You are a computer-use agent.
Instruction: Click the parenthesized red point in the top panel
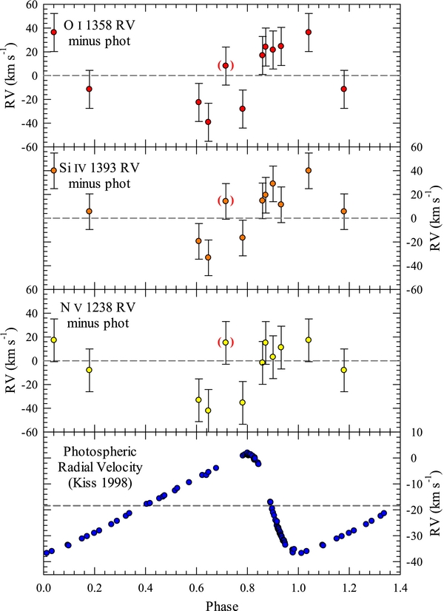[226, 66]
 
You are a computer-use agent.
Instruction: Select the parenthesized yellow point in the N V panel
[226, 342]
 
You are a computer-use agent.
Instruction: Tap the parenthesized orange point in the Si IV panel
[226, 201]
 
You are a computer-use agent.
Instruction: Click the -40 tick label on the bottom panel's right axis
[417, 563]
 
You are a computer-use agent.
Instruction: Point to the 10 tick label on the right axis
[417, 432]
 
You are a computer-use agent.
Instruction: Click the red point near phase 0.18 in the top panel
[90, 89]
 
